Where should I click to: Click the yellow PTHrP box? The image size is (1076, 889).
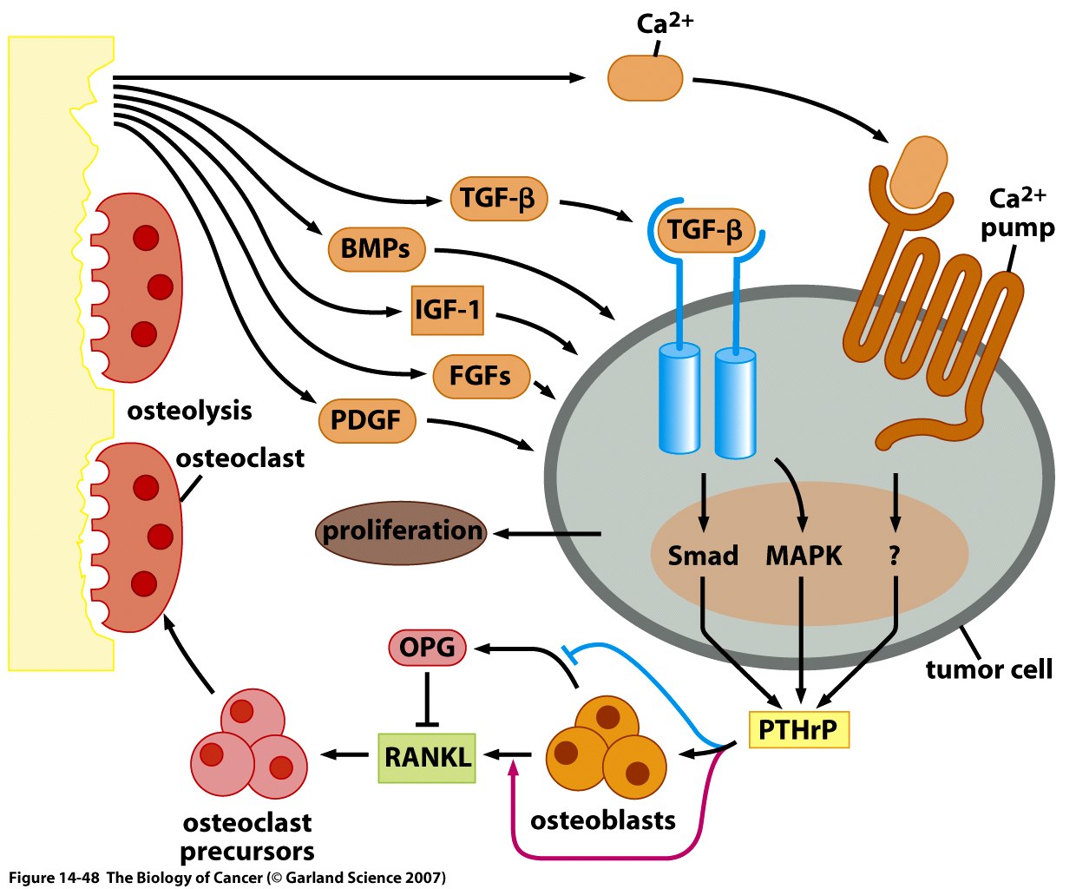click(x=797, y=729)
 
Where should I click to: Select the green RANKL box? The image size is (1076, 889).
click(x=427, y=757)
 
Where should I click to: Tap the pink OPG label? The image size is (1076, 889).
click(x=427, y=647)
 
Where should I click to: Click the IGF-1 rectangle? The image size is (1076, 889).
click(x=447, y=310)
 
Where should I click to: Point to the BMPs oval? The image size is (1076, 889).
click(x=376, y=249)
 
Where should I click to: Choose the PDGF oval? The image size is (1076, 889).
click(x=366, y=421)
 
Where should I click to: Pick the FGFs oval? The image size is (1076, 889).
click(x=481, y=376)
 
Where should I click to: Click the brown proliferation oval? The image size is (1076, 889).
click(x=402, y=531)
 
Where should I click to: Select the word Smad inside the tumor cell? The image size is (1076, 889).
click(x=703, y=556)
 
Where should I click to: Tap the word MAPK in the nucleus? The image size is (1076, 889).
click(x=804, y=556)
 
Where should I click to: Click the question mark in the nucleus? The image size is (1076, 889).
click(x=895, y=556)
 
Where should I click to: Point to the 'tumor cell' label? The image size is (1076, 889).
click(x=988, y=669)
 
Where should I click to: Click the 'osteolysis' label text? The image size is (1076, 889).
click(x=189, y=411)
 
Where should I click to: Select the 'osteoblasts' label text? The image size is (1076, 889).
click(x=602, y=820)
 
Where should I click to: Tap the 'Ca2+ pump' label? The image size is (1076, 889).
click(x=1018, y=214)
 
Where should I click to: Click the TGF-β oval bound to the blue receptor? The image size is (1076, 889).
click(x=705, y=231)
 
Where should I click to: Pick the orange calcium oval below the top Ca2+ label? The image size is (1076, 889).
click(x=645, y=78)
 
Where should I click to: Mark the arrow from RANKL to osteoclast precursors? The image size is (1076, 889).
click(x=345, y=754)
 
